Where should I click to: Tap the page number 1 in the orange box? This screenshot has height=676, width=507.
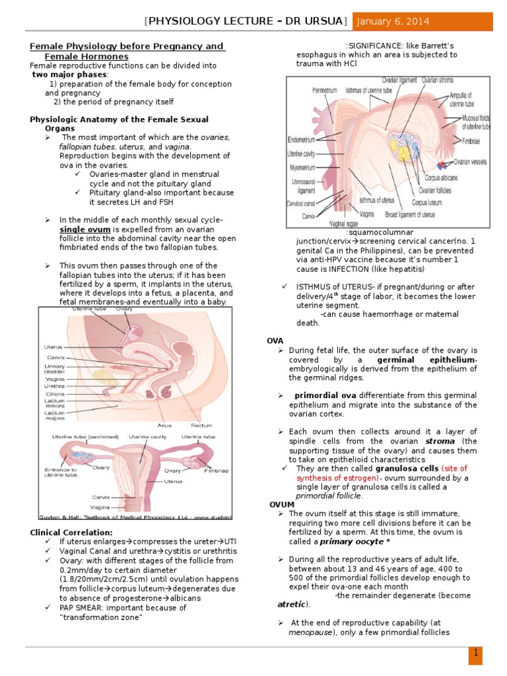475,653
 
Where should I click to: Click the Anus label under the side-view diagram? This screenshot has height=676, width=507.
166,425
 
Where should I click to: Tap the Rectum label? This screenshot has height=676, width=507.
201,425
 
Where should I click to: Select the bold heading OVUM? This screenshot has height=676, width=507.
282,504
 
